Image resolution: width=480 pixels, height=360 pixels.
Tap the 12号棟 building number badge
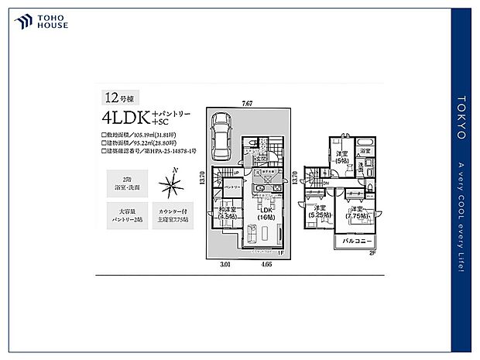click(x=116, y=98)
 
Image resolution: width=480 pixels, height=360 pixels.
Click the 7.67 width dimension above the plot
click(x=246, y=102)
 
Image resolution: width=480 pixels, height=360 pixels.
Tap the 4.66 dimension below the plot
click(x=266, y=266)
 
